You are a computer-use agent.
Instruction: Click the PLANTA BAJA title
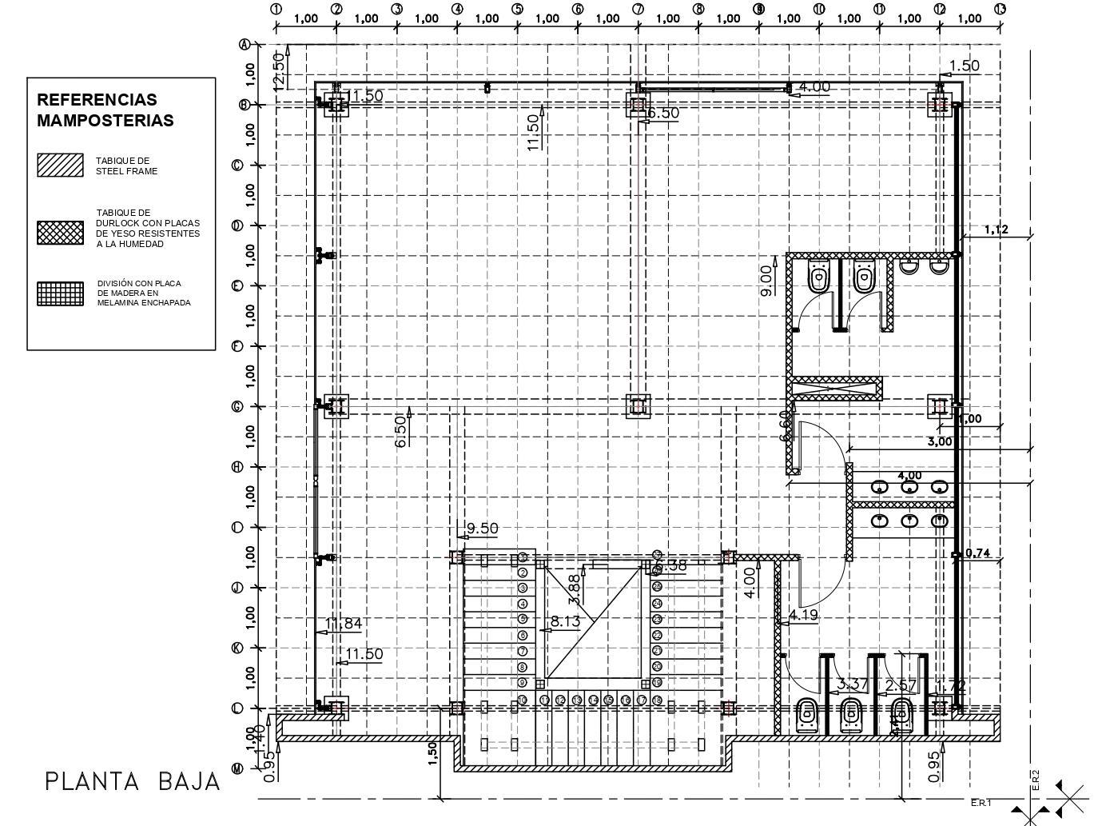[x=132, y=781]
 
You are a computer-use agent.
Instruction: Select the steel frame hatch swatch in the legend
[x=60, y=166]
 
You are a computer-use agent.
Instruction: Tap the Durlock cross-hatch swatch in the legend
[x=60, y=233]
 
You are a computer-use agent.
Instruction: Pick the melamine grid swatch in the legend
[x=60, y=293]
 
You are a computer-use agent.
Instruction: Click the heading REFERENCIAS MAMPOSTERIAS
[x=105, y=110]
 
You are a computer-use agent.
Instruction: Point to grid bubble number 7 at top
[x=638, y=10]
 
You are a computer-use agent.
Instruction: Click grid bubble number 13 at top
[x=1000, y=10]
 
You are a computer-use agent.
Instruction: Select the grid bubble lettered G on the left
[x=237, y=406]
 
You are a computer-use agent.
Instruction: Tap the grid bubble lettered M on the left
[x=237, y=768]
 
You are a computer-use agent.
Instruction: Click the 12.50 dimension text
[x=278, y=70]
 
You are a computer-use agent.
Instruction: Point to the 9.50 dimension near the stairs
[x=482, y=529]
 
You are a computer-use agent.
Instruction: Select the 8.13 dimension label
[x=565, y=620]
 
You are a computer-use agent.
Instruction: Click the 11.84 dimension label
[x=344, y=623]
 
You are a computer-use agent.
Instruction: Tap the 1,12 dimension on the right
[x=996, y=229]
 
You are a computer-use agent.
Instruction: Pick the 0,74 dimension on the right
[x=977, y=553]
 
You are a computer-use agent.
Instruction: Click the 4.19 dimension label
[x=803, y=615]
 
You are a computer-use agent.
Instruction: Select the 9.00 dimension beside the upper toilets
[x=766, y=281]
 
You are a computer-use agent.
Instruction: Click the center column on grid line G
[x=638, y=406]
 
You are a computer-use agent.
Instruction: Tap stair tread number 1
[x=523, y=557]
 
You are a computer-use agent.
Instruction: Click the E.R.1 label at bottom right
[x=981, y=802]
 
